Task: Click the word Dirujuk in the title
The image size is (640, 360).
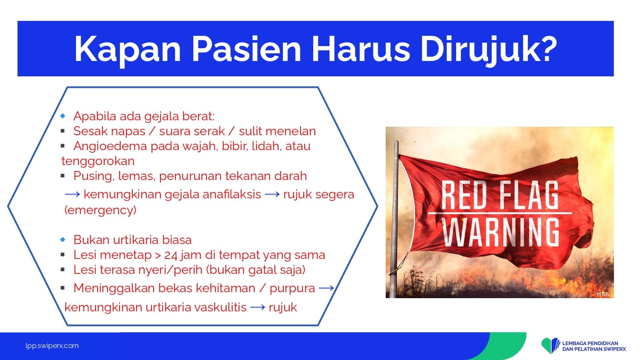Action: pyautogui.click(x=489, y=49)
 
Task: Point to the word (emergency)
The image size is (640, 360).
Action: pyautogui.click(x=100, y=210)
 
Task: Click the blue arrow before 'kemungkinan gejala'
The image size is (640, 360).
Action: pyautogui.click(x=73, y=195)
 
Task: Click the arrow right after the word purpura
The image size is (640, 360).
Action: pyautogui.click(x=326, y=288)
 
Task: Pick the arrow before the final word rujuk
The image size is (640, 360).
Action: pyautogui.click(x=257, y=308)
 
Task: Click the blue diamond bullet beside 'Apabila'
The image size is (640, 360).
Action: pyautogui.click(x=63, y=116)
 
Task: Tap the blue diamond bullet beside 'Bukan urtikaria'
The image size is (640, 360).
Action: pyautogui.click(x=63, y=239)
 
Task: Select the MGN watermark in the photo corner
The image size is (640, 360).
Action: pyautogui.click(x=603, y=294)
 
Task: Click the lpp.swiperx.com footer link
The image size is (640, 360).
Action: pyautogui.click(x=52, y=346)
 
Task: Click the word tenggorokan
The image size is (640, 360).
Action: pyautogui.click(x=98, y=161)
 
